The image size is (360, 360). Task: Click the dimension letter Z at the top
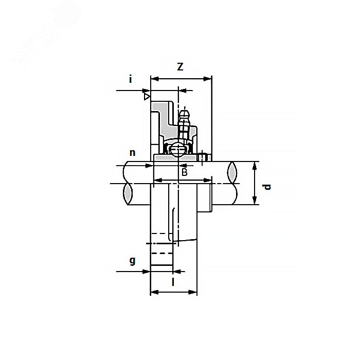point(180,67)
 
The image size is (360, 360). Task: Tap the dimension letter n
point(132,152)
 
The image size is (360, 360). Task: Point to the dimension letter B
point(184,172)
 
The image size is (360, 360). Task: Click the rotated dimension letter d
point(266,186)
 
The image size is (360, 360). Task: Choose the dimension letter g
point(132,260)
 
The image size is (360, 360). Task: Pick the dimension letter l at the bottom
point(173,282)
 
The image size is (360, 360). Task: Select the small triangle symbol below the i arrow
point(147,96)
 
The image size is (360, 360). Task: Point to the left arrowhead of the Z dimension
point(153,79)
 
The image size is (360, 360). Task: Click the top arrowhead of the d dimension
point(255,165)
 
